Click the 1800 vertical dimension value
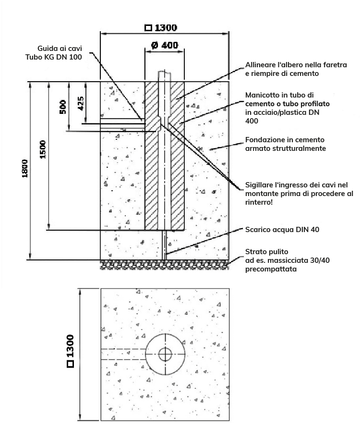[24, 168]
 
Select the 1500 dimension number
[43, 149]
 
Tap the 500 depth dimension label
[63, 107]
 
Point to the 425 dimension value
[81, 103]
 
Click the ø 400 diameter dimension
[165, 45]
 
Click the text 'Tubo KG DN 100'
[54, 57]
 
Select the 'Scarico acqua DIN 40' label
[282, 230]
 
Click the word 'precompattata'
[271, 269]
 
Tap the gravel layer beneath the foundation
[164, 265]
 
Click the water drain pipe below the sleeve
[164, 245]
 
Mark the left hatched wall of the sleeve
[151, 156]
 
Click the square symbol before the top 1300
[148, 28]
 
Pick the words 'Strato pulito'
[266, 252]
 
